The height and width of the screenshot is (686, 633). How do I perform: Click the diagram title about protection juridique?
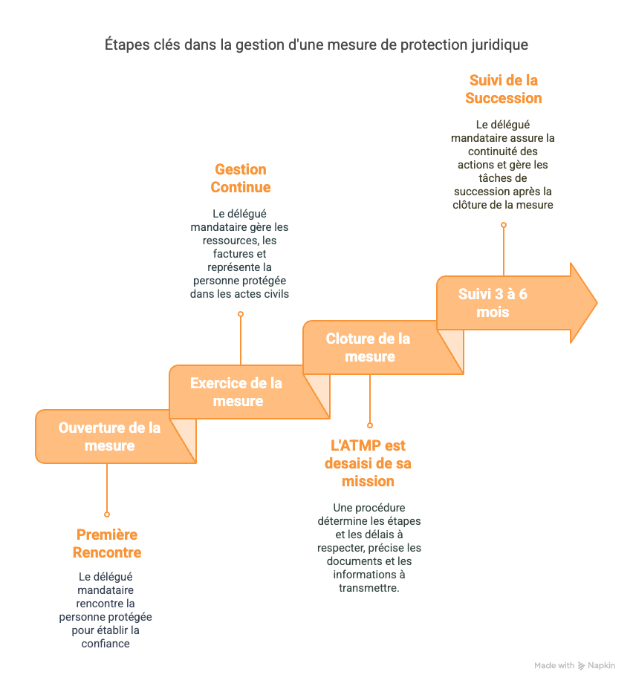click(316, 45)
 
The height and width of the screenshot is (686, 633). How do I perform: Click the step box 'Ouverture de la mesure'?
click(109, 437)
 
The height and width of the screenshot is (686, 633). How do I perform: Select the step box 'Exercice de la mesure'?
click(237, 392)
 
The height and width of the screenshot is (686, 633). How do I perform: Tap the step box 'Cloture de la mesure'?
click(369, 347)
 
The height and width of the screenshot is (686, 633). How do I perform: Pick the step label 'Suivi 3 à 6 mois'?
click(493, 302)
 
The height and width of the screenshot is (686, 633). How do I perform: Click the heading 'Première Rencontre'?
click(106, 543)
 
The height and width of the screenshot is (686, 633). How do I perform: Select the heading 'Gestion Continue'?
click(240, 178)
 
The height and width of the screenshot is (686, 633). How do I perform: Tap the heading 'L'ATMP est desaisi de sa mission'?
click(368, 463)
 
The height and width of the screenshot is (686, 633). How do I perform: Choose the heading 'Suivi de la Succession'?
click(503, 89)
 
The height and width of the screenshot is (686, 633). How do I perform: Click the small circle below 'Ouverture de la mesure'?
click(107, 514)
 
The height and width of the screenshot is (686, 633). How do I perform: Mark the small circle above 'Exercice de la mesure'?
click(240, 314)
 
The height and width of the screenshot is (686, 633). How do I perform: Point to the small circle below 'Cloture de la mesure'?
click(369, 425)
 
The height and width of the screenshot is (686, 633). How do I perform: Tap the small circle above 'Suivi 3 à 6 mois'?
click(504, 224)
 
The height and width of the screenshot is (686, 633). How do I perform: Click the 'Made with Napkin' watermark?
click(574, 665)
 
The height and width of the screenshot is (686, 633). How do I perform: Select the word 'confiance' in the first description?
click(105, 644)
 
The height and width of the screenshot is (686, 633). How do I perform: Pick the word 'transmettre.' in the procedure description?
click(369, 588)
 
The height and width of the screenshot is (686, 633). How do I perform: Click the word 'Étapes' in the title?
click(125, 45)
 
